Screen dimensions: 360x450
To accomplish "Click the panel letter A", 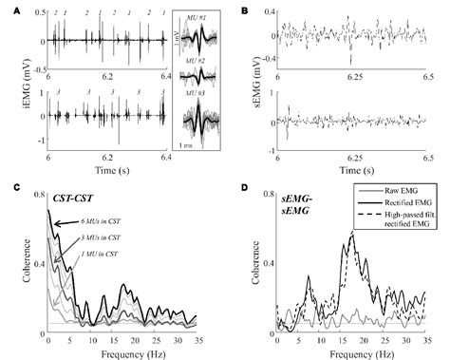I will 7,8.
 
